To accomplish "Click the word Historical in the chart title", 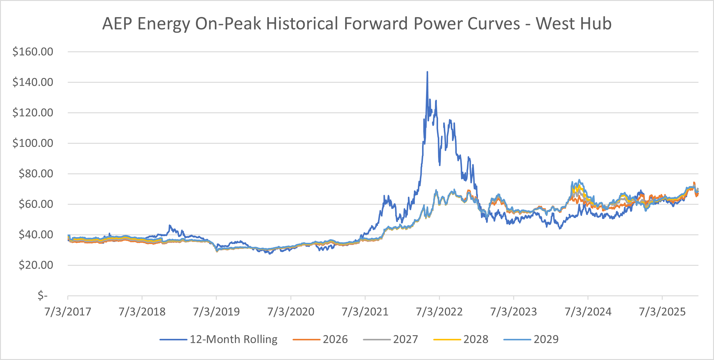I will pos(302,24).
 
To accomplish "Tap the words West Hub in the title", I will pos(574,24).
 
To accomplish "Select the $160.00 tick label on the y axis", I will pos(33,52).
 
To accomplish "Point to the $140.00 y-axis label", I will pos(33,82).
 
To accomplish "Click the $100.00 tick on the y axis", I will pos(33,143).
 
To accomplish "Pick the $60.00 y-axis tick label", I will pos(36,204).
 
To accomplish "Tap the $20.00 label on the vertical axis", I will pos(36,265).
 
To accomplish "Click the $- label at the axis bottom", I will pos(43,295).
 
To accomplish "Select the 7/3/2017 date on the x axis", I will pos(68,312).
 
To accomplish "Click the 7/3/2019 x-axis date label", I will pos(216,312).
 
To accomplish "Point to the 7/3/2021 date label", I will pos(365,312).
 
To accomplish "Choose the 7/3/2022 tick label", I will pos(439,312).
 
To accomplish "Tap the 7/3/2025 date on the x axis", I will pos(662,312).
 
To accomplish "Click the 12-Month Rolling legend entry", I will pos(233,339).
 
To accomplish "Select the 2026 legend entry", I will pos(335,339).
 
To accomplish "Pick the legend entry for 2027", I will pos(405,339).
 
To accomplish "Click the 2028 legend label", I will pos(476,339).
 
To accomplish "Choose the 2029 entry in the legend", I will pos(546,339).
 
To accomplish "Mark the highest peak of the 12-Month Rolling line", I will pos(427,72).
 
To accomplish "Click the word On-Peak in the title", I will pos(228,24).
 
